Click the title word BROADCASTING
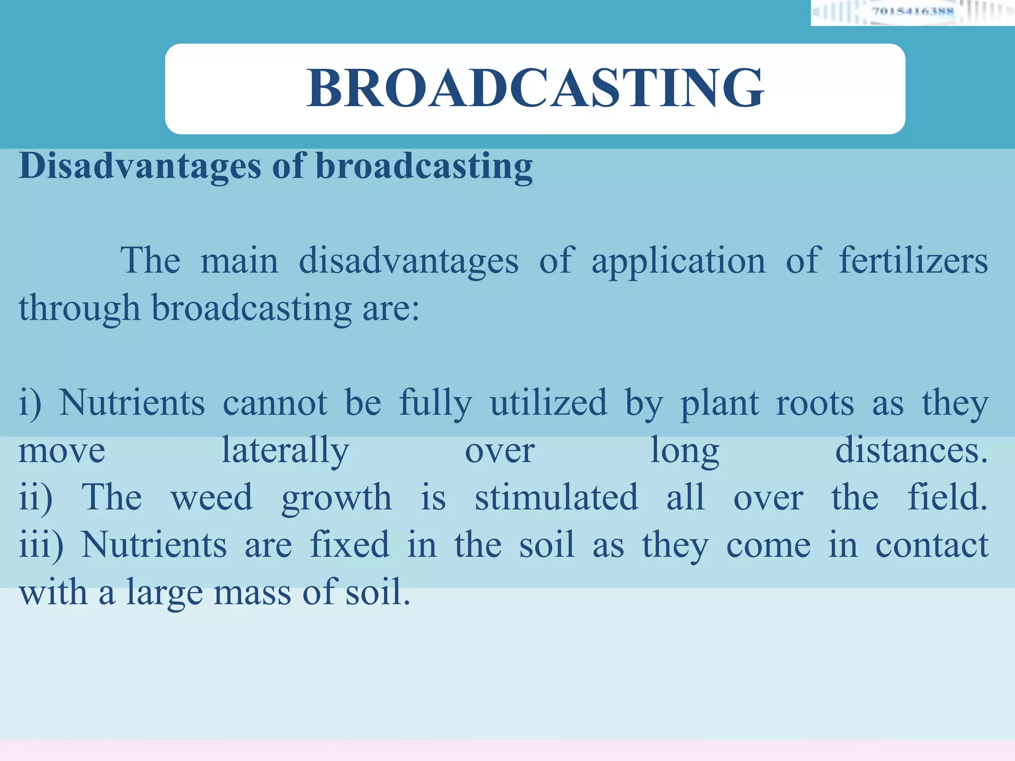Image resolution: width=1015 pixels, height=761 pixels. tap(535, 88)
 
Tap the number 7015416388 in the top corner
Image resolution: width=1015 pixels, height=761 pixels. tap(912, 11)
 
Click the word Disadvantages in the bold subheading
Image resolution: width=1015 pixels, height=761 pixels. tap(140, 166)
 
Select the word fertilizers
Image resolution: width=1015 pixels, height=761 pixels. tap(913, 261)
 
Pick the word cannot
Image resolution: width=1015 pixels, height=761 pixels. tap(275, 403)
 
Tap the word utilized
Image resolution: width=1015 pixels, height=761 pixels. tap(548, 403)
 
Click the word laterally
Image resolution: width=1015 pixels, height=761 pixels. tap(285, 451)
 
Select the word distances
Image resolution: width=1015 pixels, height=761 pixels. tap(911, 450)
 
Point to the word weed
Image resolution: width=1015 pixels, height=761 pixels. tap(212, 497)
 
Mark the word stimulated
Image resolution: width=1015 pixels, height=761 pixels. tap(556, 497)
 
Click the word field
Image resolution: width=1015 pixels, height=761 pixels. tap(947, 497)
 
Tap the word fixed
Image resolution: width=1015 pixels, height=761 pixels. tap(349, 544)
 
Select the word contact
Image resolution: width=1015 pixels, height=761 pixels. tap(932, 544)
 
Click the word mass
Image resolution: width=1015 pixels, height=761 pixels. tap(252, 593)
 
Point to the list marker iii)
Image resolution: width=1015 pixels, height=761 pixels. tap(41, 544)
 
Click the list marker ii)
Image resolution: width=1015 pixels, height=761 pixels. tap(35, 497)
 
